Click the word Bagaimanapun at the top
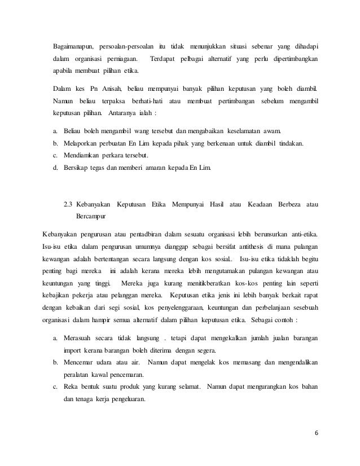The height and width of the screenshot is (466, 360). [72, 46]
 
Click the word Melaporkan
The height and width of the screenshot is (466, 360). [84, 143]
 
